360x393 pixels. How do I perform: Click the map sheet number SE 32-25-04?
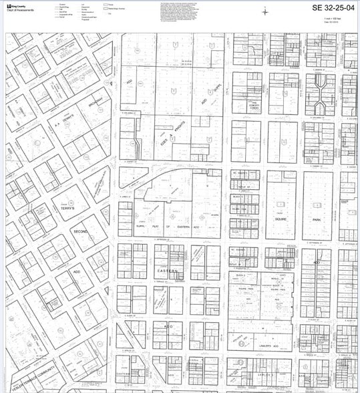coord(325,8)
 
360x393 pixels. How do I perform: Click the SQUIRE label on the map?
coord(281,219)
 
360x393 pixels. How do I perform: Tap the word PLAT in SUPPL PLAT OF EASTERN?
coord(154,225)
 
